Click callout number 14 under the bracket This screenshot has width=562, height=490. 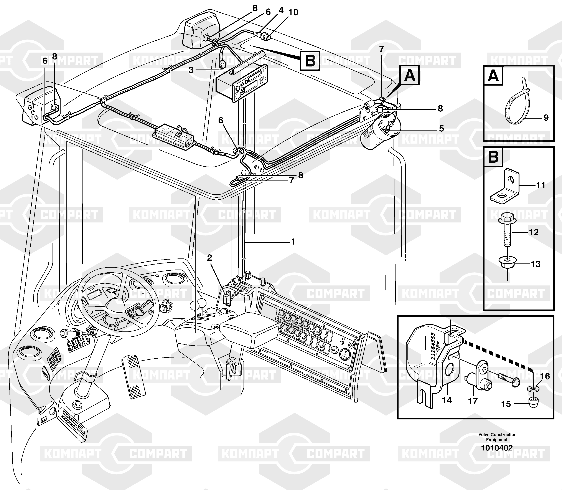447,400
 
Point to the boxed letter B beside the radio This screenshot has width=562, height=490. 310,60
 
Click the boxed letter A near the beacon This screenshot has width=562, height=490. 409,75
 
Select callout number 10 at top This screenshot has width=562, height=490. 293,12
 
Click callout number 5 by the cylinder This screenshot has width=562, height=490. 441,129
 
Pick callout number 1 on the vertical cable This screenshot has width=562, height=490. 293,242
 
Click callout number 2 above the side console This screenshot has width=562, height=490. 209,258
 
